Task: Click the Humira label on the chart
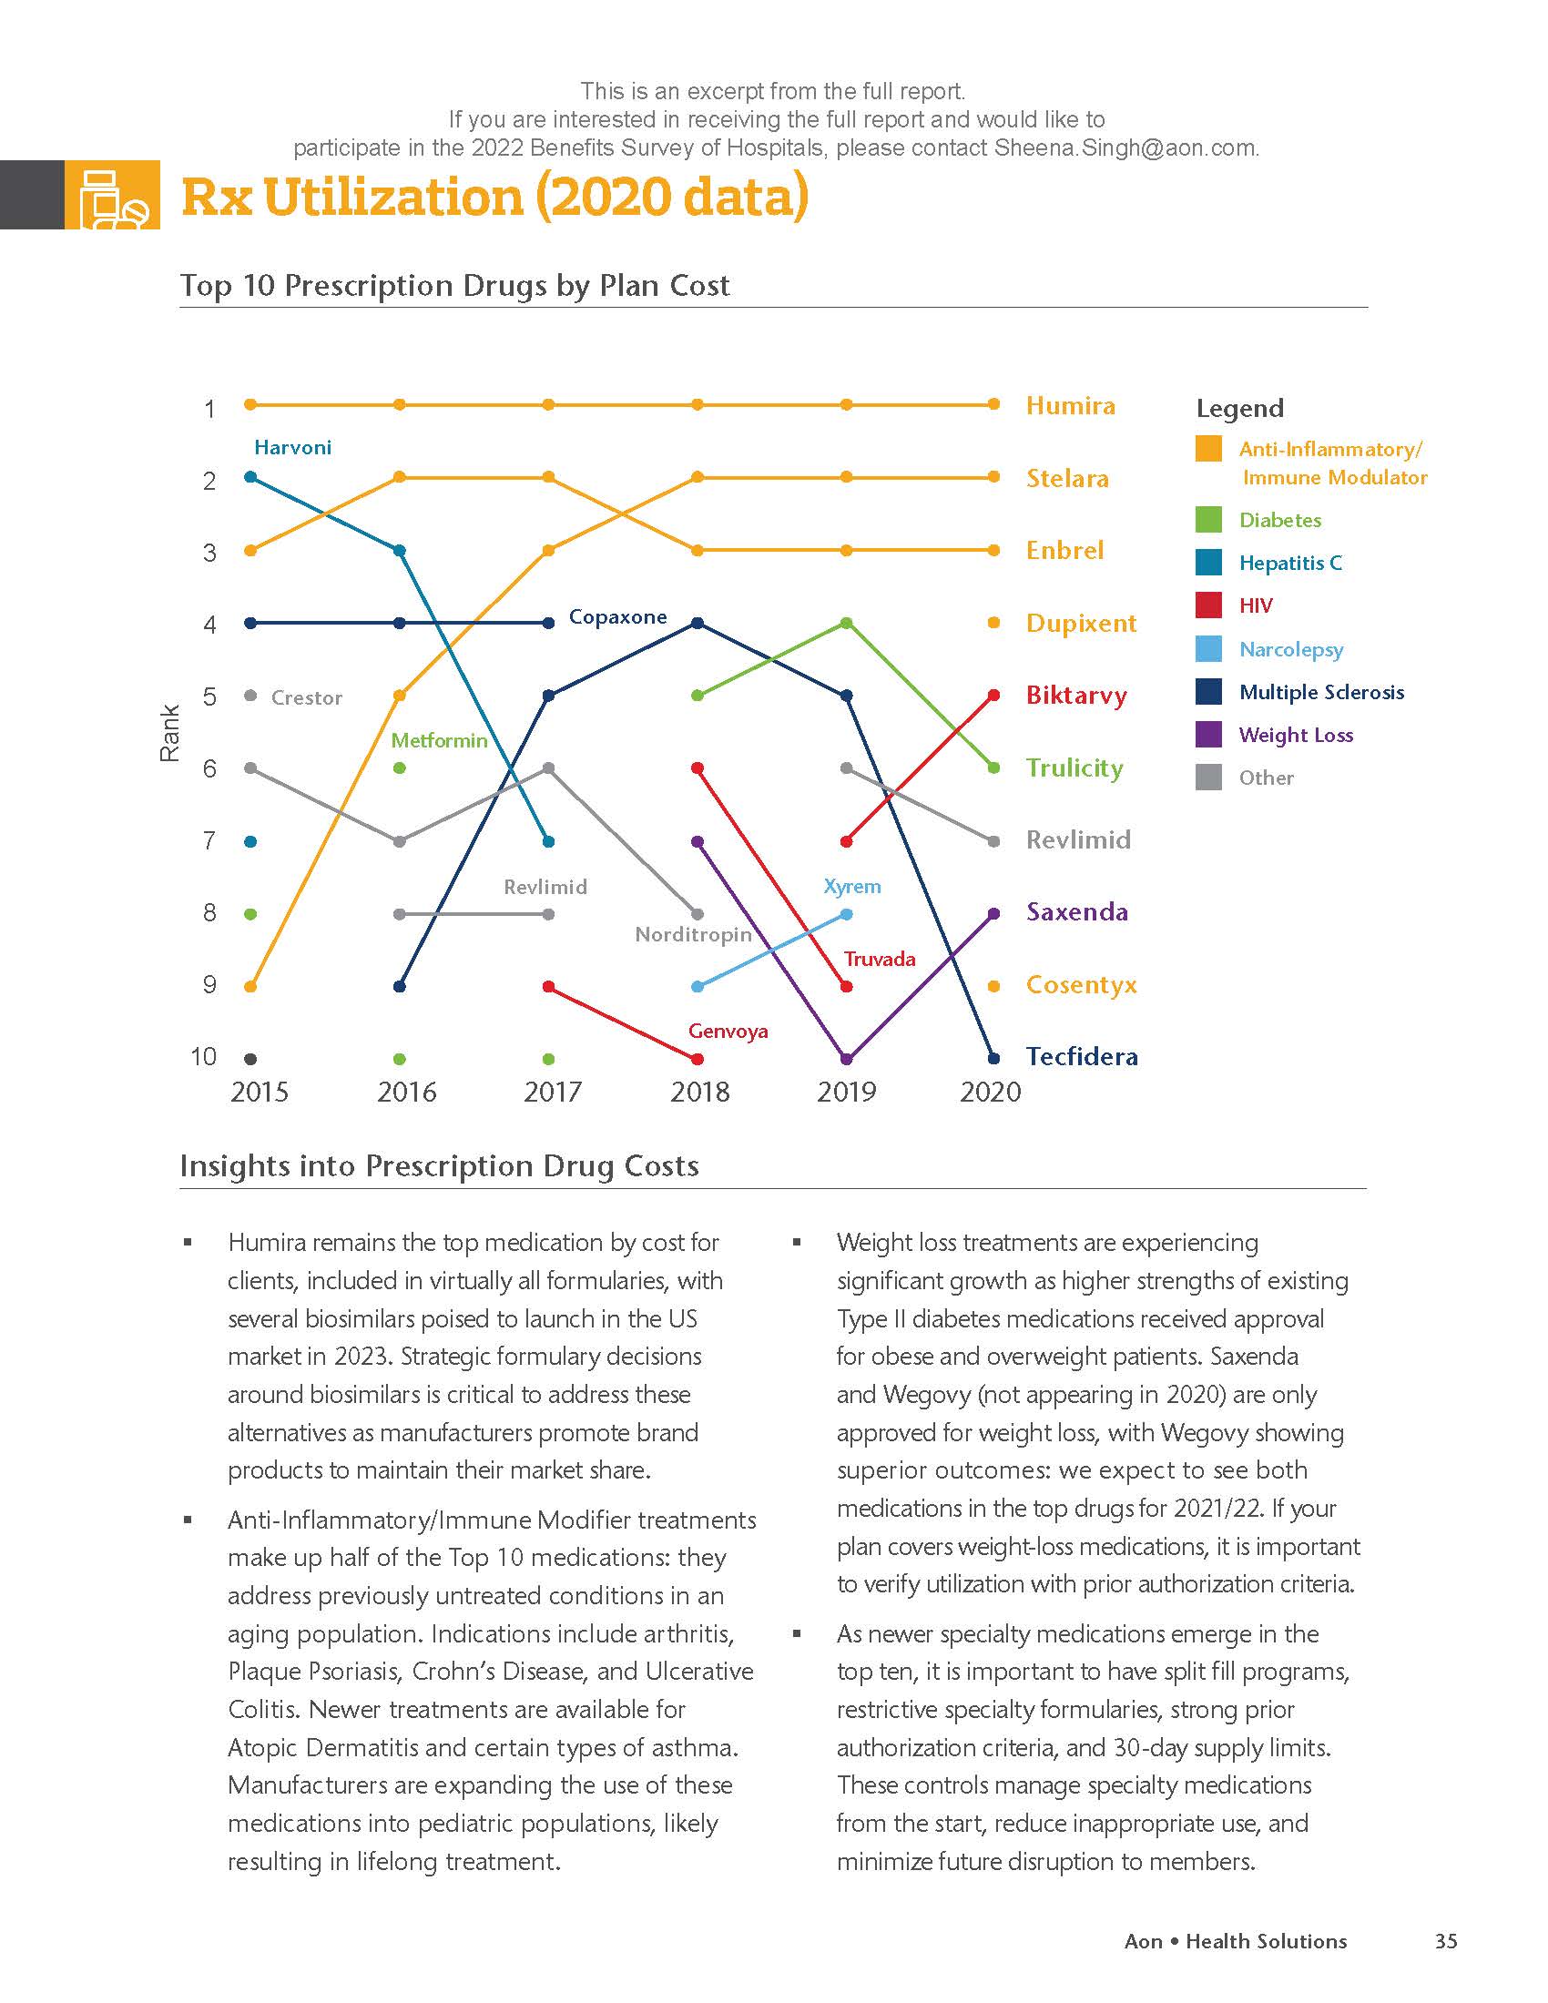[x=1070, y=405]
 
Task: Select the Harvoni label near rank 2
[x=292, y=448]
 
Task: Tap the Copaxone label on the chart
[x=617, y=617]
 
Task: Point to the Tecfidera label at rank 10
[x=1081, y=1056]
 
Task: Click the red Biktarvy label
[x=1075, y=696]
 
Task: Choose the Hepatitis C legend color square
[x=1208, y=562]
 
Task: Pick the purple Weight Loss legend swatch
[x=1208, y=735]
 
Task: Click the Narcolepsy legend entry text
[x=1290, y=649]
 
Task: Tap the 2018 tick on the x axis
[x=699, y=1092]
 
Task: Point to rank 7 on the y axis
[x=210, y=840]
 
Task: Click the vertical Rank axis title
[x=169, y=733]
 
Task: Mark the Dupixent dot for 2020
[x=993, y=623]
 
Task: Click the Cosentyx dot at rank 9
[x=993, y=986]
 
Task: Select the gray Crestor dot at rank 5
[x=250, y=696]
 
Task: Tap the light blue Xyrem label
[x=852, y=887]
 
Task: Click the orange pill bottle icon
[x=113, y=196]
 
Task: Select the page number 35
[x=1446, y=1941]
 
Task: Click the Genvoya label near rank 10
[x=728, y=1031]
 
